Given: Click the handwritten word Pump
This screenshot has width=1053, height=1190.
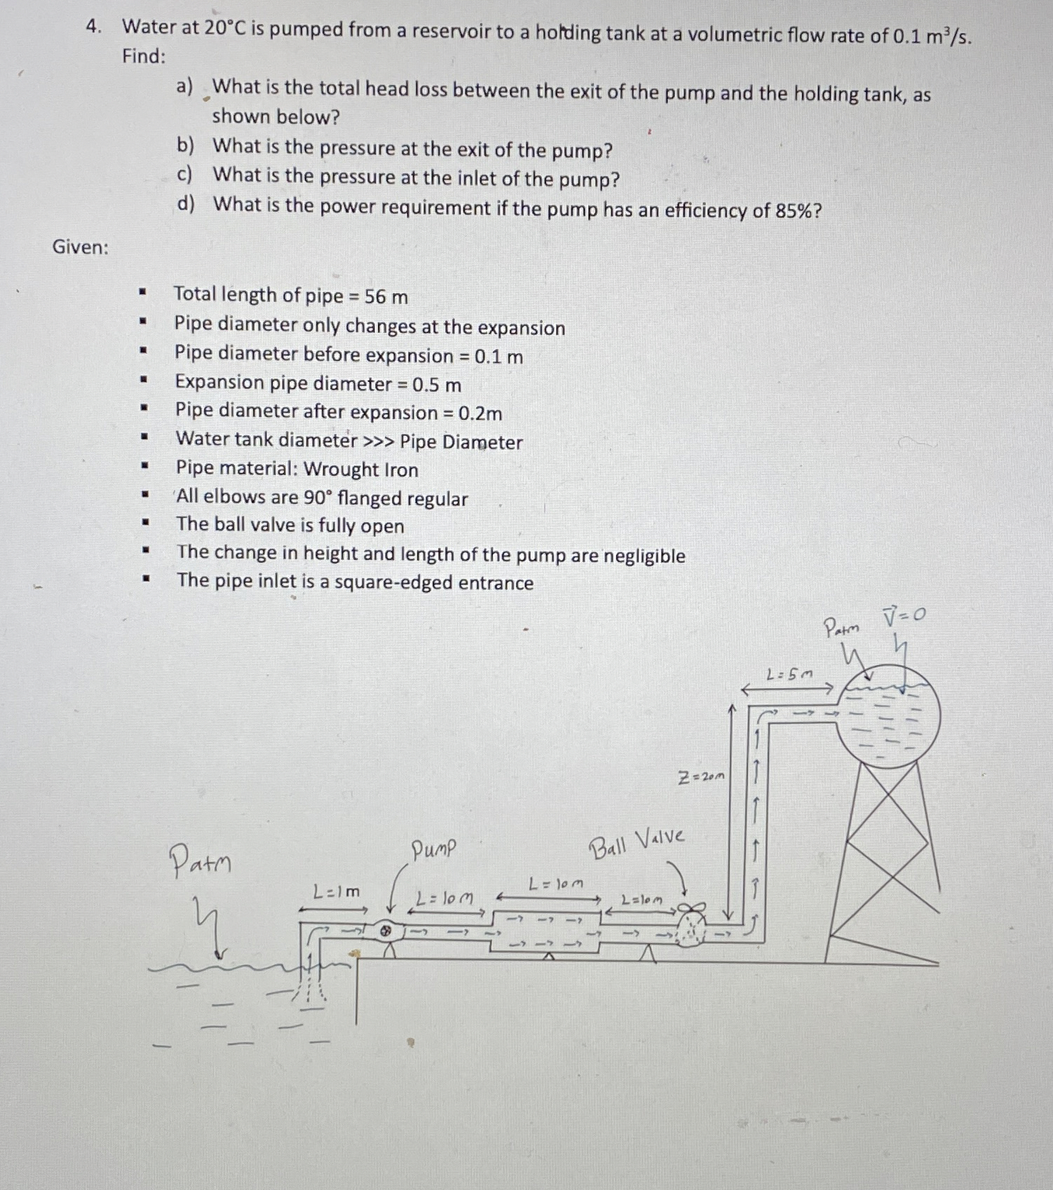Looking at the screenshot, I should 433,850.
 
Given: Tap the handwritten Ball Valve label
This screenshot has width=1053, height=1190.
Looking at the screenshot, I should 637,843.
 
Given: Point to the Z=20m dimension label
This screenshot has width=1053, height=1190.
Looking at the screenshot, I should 702,777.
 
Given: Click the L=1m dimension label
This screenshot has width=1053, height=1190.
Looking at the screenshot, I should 337,892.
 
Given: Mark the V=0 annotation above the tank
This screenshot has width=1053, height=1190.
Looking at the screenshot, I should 904,616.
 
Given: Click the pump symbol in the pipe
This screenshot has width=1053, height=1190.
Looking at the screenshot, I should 385,931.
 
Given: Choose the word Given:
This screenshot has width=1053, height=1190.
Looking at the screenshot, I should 81,247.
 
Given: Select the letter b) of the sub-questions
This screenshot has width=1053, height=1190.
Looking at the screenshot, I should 185,146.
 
